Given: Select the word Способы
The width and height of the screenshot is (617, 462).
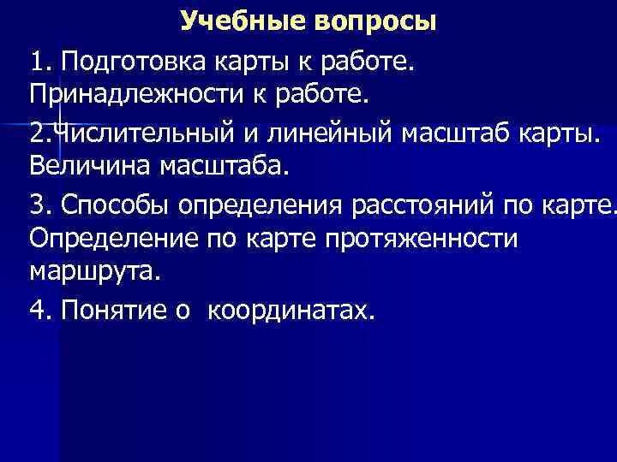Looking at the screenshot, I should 115,206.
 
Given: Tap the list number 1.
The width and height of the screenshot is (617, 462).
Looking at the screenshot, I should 39,62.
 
